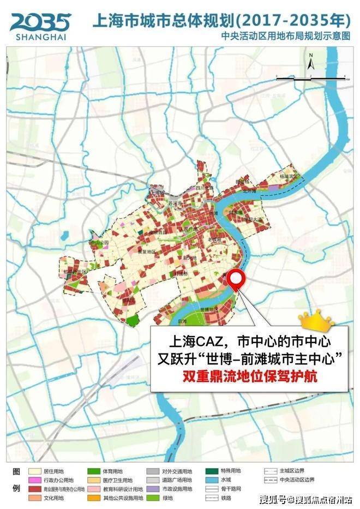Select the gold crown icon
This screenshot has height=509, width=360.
coord(316,322)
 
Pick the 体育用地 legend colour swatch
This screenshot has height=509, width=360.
coord(93,470)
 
